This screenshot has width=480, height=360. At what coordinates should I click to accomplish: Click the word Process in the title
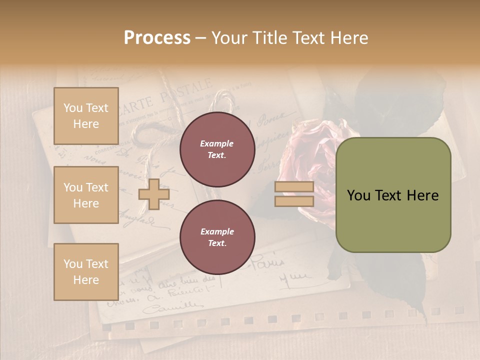pos(157,38)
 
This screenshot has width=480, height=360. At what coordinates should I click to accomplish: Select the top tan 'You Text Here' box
pos(86,116)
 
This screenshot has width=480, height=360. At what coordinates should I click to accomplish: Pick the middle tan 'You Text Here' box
pos(86,195)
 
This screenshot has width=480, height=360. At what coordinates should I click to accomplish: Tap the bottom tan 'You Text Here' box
pos(86,271)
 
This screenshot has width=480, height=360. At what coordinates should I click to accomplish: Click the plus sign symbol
pos(153,194)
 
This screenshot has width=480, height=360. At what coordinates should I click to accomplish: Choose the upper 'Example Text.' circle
pos(217,149)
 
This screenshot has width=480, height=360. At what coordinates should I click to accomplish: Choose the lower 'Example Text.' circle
pos(217,237)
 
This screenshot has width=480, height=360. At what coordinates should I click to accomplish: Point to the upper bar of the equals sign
pos(294,187)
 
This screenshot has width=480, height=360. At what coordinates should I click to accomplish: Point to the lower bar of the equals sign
pos(294,201)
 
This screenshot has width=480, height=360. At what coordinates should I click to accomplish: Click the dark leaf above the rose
pos(400,95)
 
